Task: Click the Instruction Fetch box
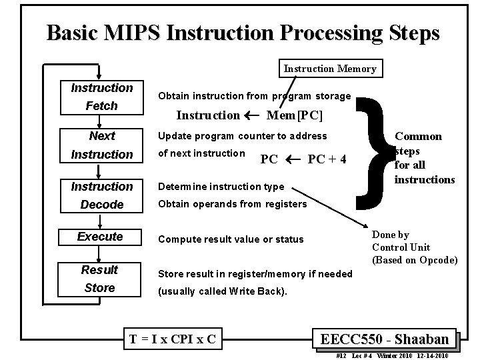(102, 97)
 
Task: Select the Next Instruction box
(102, 145)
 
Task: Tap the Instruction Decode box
(102, 195)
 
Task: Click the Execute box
(100, 237)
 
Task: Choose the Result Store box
(99, 279)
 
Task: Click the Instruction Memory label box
(330, 69)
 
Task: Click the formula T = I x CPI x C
(173, 339)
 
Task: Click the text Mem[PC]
(294, 115)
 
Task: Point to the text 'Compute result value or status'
(230, 239)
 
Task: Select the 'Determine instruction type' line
(220, 187)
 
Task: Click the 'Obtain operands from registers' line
(232, 203)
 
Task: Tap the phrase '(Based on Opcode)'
(415, 259)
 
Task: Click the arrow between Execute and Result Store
(99, 253)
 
